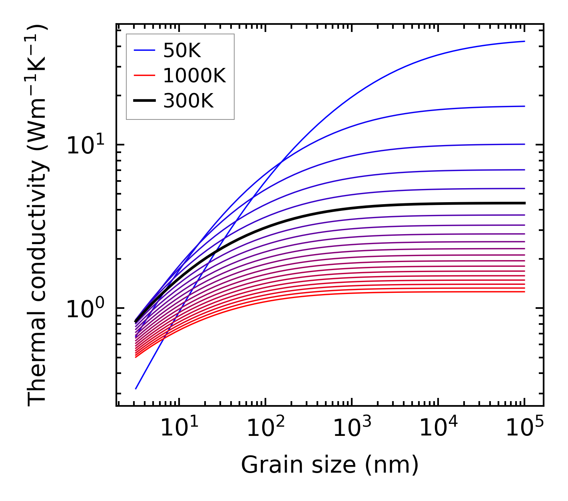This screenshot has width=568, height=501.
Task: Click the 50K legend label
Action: point(182,51)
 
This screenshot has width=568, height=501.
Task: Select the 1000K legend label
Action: point(194,76)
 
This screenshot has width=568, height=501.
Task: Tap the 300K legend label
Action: point(188,101)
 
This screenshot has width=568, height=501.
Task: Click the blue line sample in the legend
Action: point(144,50)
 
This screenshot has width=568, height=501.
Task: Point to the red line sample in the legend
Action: point(144,76)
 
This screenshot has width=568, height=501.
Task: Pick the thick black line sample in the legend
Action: point(144,101)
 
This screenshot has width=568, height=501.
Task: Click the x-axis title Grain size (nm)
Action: point(330,465)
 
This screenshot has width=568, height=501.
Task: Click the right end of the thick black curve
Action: point(524,203)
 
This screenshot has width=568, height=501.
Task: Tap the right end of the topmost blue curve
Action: point(524,41)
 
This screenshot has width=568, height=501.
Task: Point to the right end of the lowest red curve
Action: point(524,292)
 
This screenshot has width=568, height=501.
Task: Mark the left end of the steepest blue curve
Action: point(136,388)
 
